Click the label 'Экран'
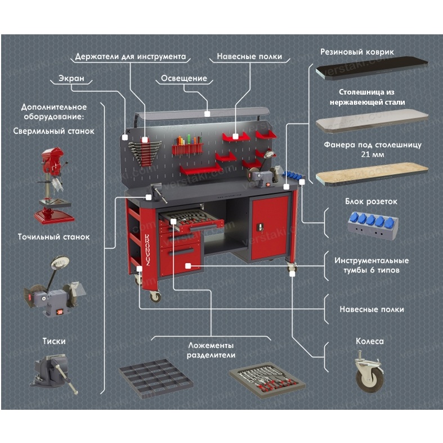point(71,79)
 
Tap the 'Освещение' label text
point(184,79)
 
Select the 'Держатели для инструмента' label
point(130,57)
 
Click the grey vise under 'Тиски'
point(54,372)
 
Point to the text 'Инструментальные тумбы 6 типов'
point(372,265)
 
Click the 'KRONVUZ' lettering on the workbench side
point(141,242)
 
